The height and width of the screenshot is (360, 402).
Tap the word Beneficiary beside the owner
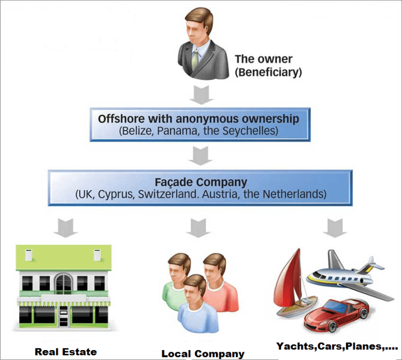[269, 73]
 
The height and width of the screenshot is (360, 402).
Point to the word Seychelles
[254, 130]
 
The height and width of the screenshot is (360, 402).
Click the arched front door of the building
[63, 284]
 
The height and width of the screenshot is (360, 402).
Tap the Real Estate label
[66, 352]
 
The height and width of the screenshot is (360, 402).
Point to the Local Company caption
[203, 354]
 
